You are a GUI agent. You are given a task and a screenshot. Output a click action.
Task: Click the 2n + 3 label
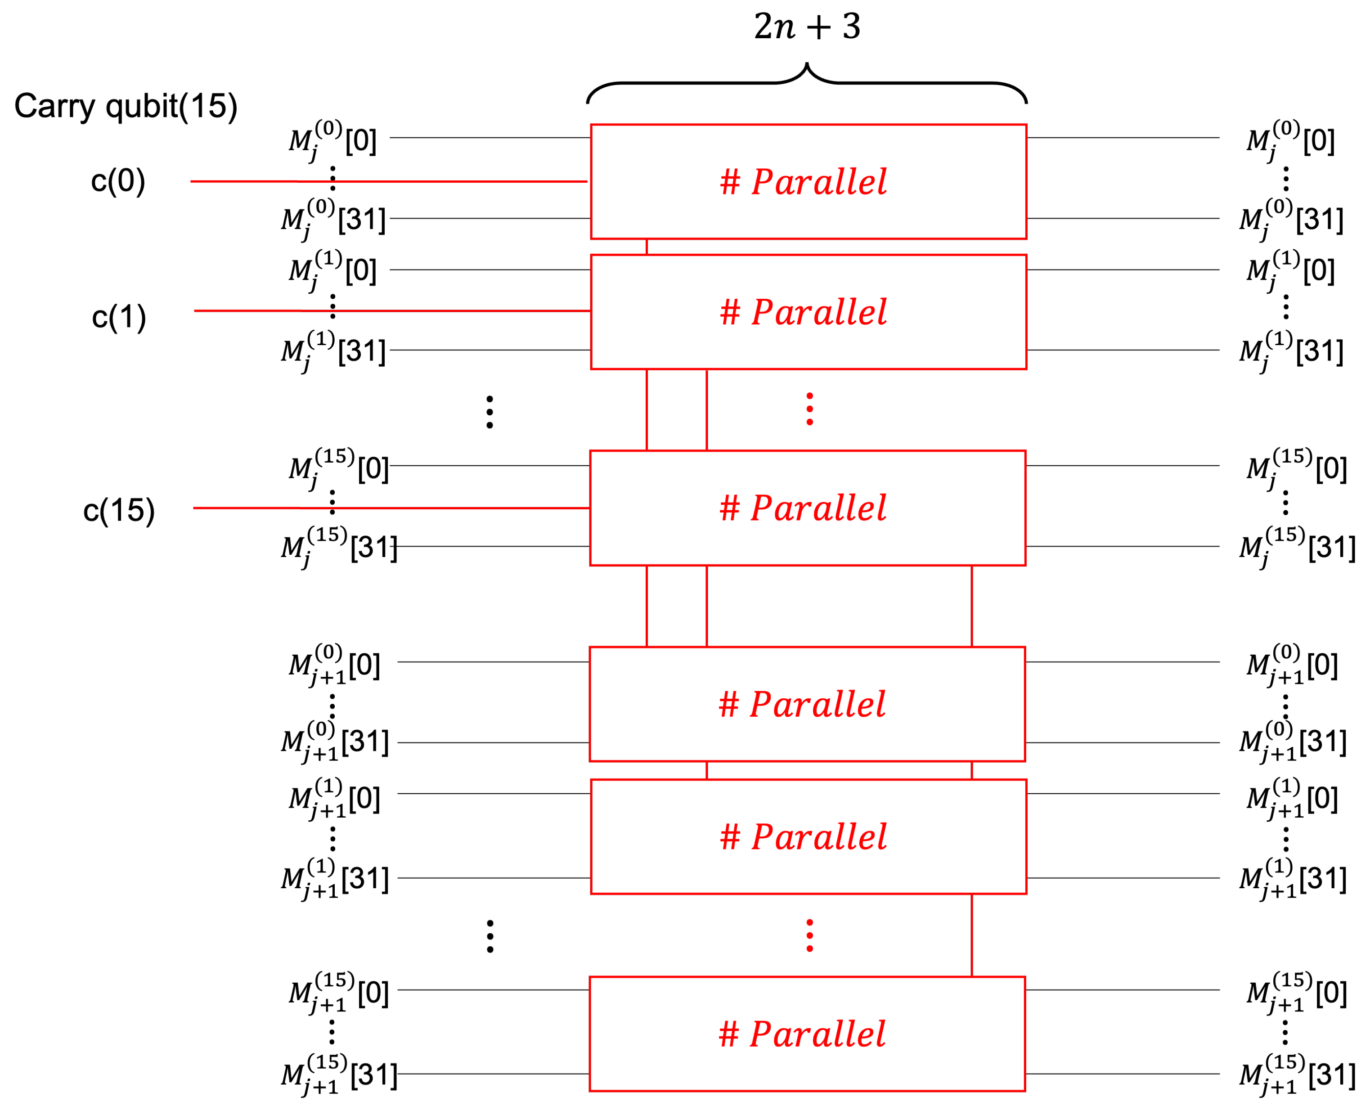[807, 27]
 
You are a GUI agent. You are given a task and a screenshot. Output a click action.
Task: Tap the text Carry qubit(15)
[126, 106]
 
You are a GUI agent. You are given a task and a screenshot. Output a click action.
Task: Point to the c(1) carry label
[119, 317]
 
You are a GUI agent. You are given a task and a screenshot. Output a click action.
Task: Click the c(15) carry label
[119, 511]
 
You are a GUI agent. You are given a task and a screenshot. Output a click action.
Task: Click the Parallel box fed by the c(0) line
[808, 182]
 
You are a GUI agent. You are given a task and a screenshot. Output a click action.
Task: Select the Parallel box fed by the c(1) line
[808, 312]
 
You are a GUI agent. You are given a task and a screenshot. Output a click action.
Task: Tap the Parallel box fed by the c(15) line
[807, 508]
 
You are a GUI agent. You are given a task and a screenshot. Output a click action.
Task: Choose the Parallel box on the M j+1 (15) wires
[807, 1034]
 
